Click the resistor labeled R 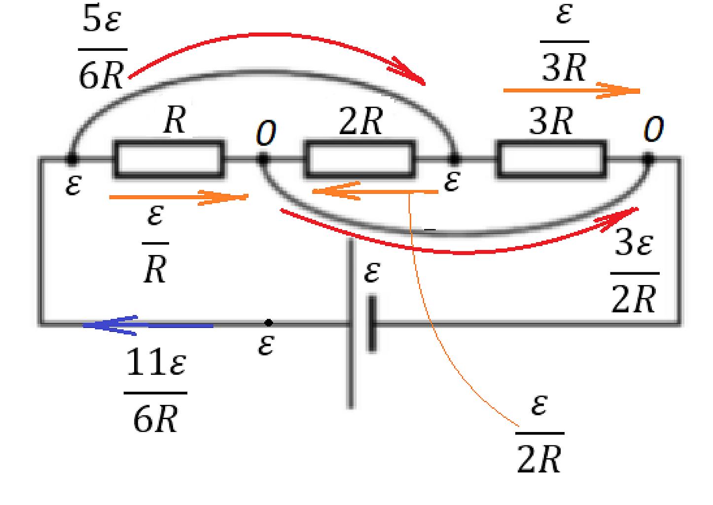[x=169, y=159]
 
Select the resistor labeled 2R [x=360, y=159]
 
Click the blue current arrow [x=148, y=325]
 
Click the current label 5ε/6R [x=102, y=47]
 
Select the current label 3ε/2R [x=635, y=274]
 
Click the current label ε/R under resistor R [x=155, y=244]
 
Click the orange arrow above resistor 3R [x=571, y=91]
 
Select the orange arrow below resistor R [x=178, y=197]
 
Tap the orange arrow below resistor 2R [x=375, y=191]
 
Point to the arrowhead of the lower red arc [x=619, y=219]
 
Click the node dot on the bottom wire [x=269, y=323]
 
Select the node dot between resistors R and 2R [x=263, y=159]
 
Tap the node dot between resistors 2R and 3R [x=454, y=159]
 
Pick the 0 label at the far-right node [x=653, y=129]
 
